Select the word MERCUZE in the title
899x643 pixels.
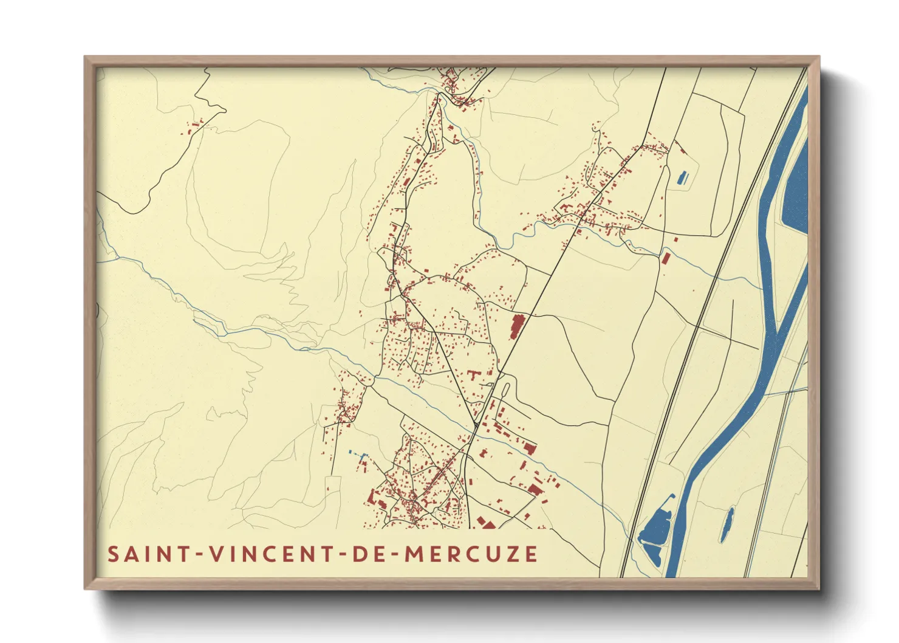point(471,554)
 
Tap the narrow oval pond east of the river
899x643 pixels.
point(726,524)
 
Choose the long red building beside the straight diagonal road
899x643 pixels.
point(517,326)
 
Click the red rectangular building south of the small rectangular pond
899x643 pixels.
point(665,258)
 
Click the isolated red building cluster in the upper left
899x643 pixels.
point(193,128)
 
